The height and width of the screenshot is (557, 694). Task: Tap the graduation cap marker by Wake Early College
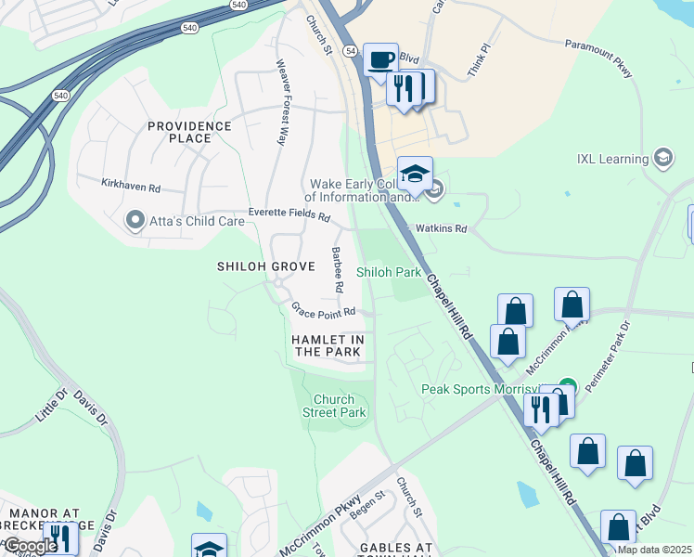pyautogui.click(x=415, y=174)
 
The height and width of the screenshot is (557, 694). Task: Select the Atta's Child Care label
pyautogui.click(x=185, y=221)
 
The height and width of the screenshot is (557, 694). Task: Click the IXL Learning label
pyautogui.click(x=609, y=159)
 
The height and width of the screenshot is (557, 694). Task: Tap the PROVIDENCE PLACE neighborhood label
pyautogui.click(x=188, y=132)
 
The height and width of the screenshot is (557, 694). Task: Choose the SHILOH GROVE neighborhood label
pyautogui.click(x=261, y=266)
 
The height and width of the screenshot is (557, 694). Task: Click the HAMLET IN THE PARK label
pyautogui.click(x=327, y=346)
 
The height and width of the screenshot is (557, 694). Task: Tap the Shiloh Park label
pyautogui.click(x=390, y=273)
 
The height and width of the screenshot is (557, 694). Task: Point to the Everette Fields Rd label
pyautogui.click(x=289, y=215)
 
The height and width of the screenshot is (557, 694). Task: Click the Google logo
pyautogui.click(x=30, y=546)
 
